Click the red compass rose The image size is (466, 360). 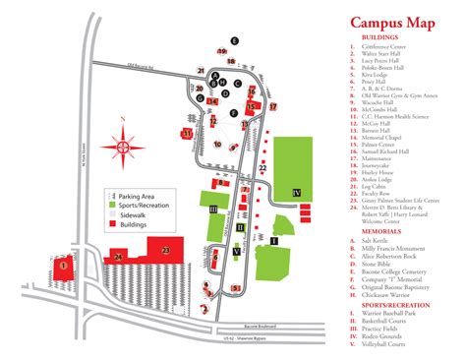click(122, 146)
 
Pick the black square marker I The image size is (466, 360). click(274, 240)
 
